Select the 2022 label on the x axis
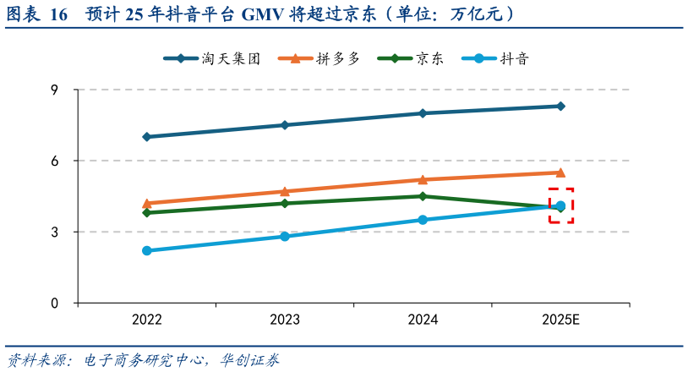coord(147,320)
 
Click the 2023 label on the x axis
coord(285,320)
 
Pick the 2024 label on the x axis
coord(423,320)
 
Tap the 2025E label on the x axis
coord(560,320)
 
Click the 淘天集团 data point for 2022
coord(147,137)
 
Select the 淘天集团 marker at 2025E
coord(560,107)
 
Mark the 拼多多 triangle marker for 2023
coord(285,191)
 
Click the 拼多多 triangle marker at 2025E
coord(560,172)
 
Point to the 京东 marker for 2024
coord(423,196)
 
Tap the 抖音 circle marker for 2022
coord(147,250)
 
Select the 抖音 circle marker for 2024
coord(423,220)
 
